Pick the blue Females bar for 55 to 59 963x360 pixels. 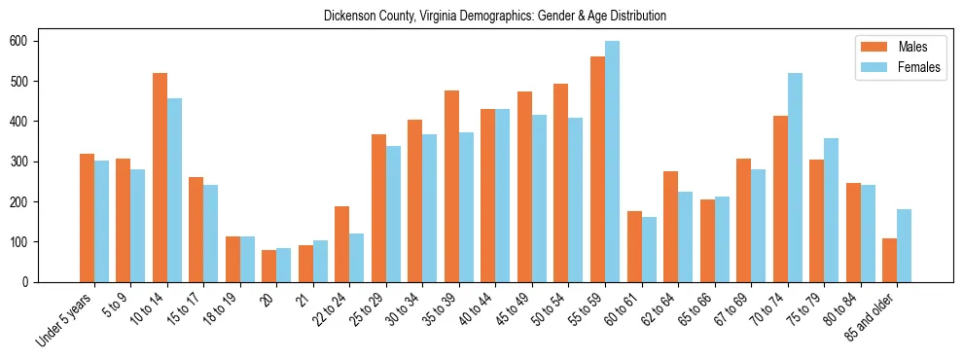click(612, 162)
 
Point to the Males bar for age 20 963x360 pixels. click(268, 266)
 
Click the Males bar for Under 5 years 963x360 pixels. click(87, 218)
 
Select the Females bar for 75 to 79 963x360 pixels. click(831, 210)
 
